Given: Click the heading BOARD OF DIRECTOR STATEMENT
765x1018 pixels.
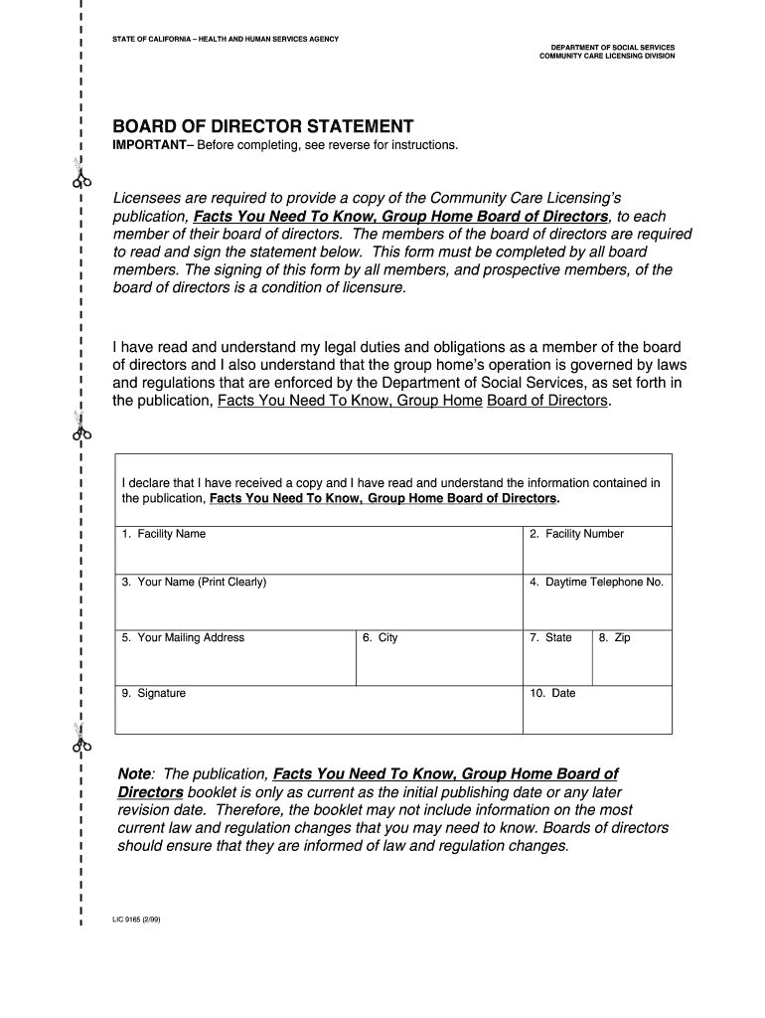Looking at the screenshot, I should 262,126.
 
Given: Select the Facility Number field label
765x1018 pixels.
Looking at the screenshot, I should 576,534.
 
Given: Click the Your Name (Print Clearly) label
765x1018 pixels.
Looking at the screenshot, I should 194,582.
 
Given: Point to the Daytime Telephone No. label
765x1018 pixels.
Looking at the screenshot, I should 596,582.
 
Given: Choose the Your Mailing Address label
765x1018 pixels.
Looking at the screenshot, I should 183,637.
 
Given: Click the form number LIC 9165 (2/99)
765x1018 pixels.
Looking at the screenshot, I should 136,920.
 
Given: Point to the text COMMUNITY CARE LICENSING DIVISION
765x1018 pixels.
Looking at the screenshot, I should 606,57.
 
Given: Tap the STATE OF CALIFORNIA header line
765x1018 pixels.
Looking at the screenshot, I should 225,39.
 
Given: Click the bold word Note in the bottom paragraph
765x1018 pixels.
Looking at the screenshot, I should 134,774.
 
